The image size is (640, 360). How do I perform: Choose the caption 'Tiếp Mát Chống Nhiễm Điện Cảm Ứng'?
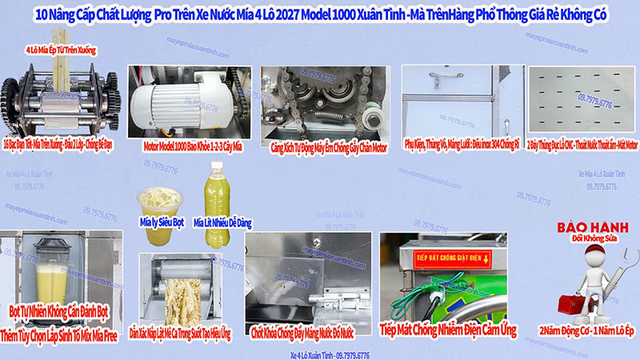[447, 329]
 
